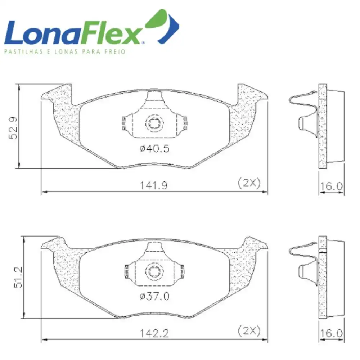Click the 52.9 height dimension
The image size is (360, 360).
pyautogui.click(x=13, y=128)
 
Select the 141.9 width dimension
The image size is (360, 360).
pyautogui.click(x=154, y=185)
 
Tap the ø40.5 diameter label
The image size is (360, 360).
pyautogui.click(x=154, y=149)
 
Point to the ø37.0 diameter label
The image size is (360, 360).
pyautogui.click(x=154, y=296)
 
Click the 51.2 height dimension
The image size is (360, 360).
pyautogui.click(x=18, y=277)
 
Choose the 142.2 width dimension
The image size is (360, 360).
pyautogui.click(x=154, y=333)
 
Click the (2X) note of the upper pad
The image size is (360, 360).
pyautogui.click(x=249, y=183)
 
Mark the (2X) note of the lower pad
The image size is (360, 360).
pyautogui.click(x=249, y=331)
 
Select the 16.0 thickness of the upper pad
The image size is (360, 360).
pyautogui.click(x=331, y=186)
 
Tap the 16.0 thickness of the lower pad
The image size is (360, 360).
pyautogui.click(x=331, y=333)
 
